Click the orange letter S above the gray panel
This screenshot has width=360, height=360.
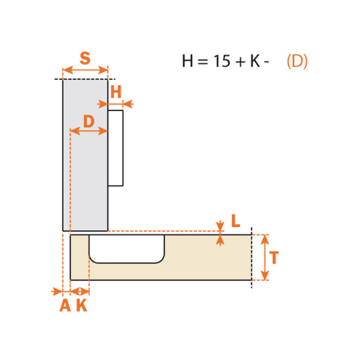85,58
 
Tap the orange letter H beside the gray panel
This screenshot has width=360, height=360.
116,92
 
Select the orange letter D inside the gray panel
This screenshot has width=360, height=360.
89,121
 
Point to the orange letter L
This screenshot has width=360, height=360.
236,221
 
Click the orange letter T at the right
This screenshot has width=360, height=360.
274,257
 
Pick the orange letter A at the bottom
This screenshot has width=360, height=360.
65,305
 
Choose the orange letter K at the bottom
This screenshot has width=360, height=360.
82,305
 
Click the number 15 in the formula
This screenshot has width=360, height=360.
221,61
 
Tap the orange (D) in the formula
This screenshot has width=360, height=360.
297,61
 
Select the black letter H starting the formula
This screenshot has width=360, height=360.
187,61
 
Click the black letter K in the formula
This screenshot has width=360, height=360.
255,61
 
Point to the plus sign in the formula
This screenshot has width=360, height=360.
241,62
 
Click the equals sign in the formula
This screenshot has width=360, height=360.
203,62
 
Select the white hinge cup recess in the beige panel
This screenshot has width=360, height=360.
127,248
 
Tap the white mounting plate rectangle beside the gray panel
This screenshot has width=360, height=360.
115,148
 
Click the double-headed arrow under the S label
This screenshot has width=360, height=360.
85,70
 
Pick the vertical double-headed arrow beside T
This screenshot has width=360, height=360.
265,257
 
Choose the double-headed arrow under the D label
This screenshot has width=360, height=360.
89,131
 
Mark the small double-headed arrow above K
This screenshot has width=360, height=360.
80,292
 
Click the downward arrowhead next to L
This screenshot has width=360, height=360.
220,226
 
